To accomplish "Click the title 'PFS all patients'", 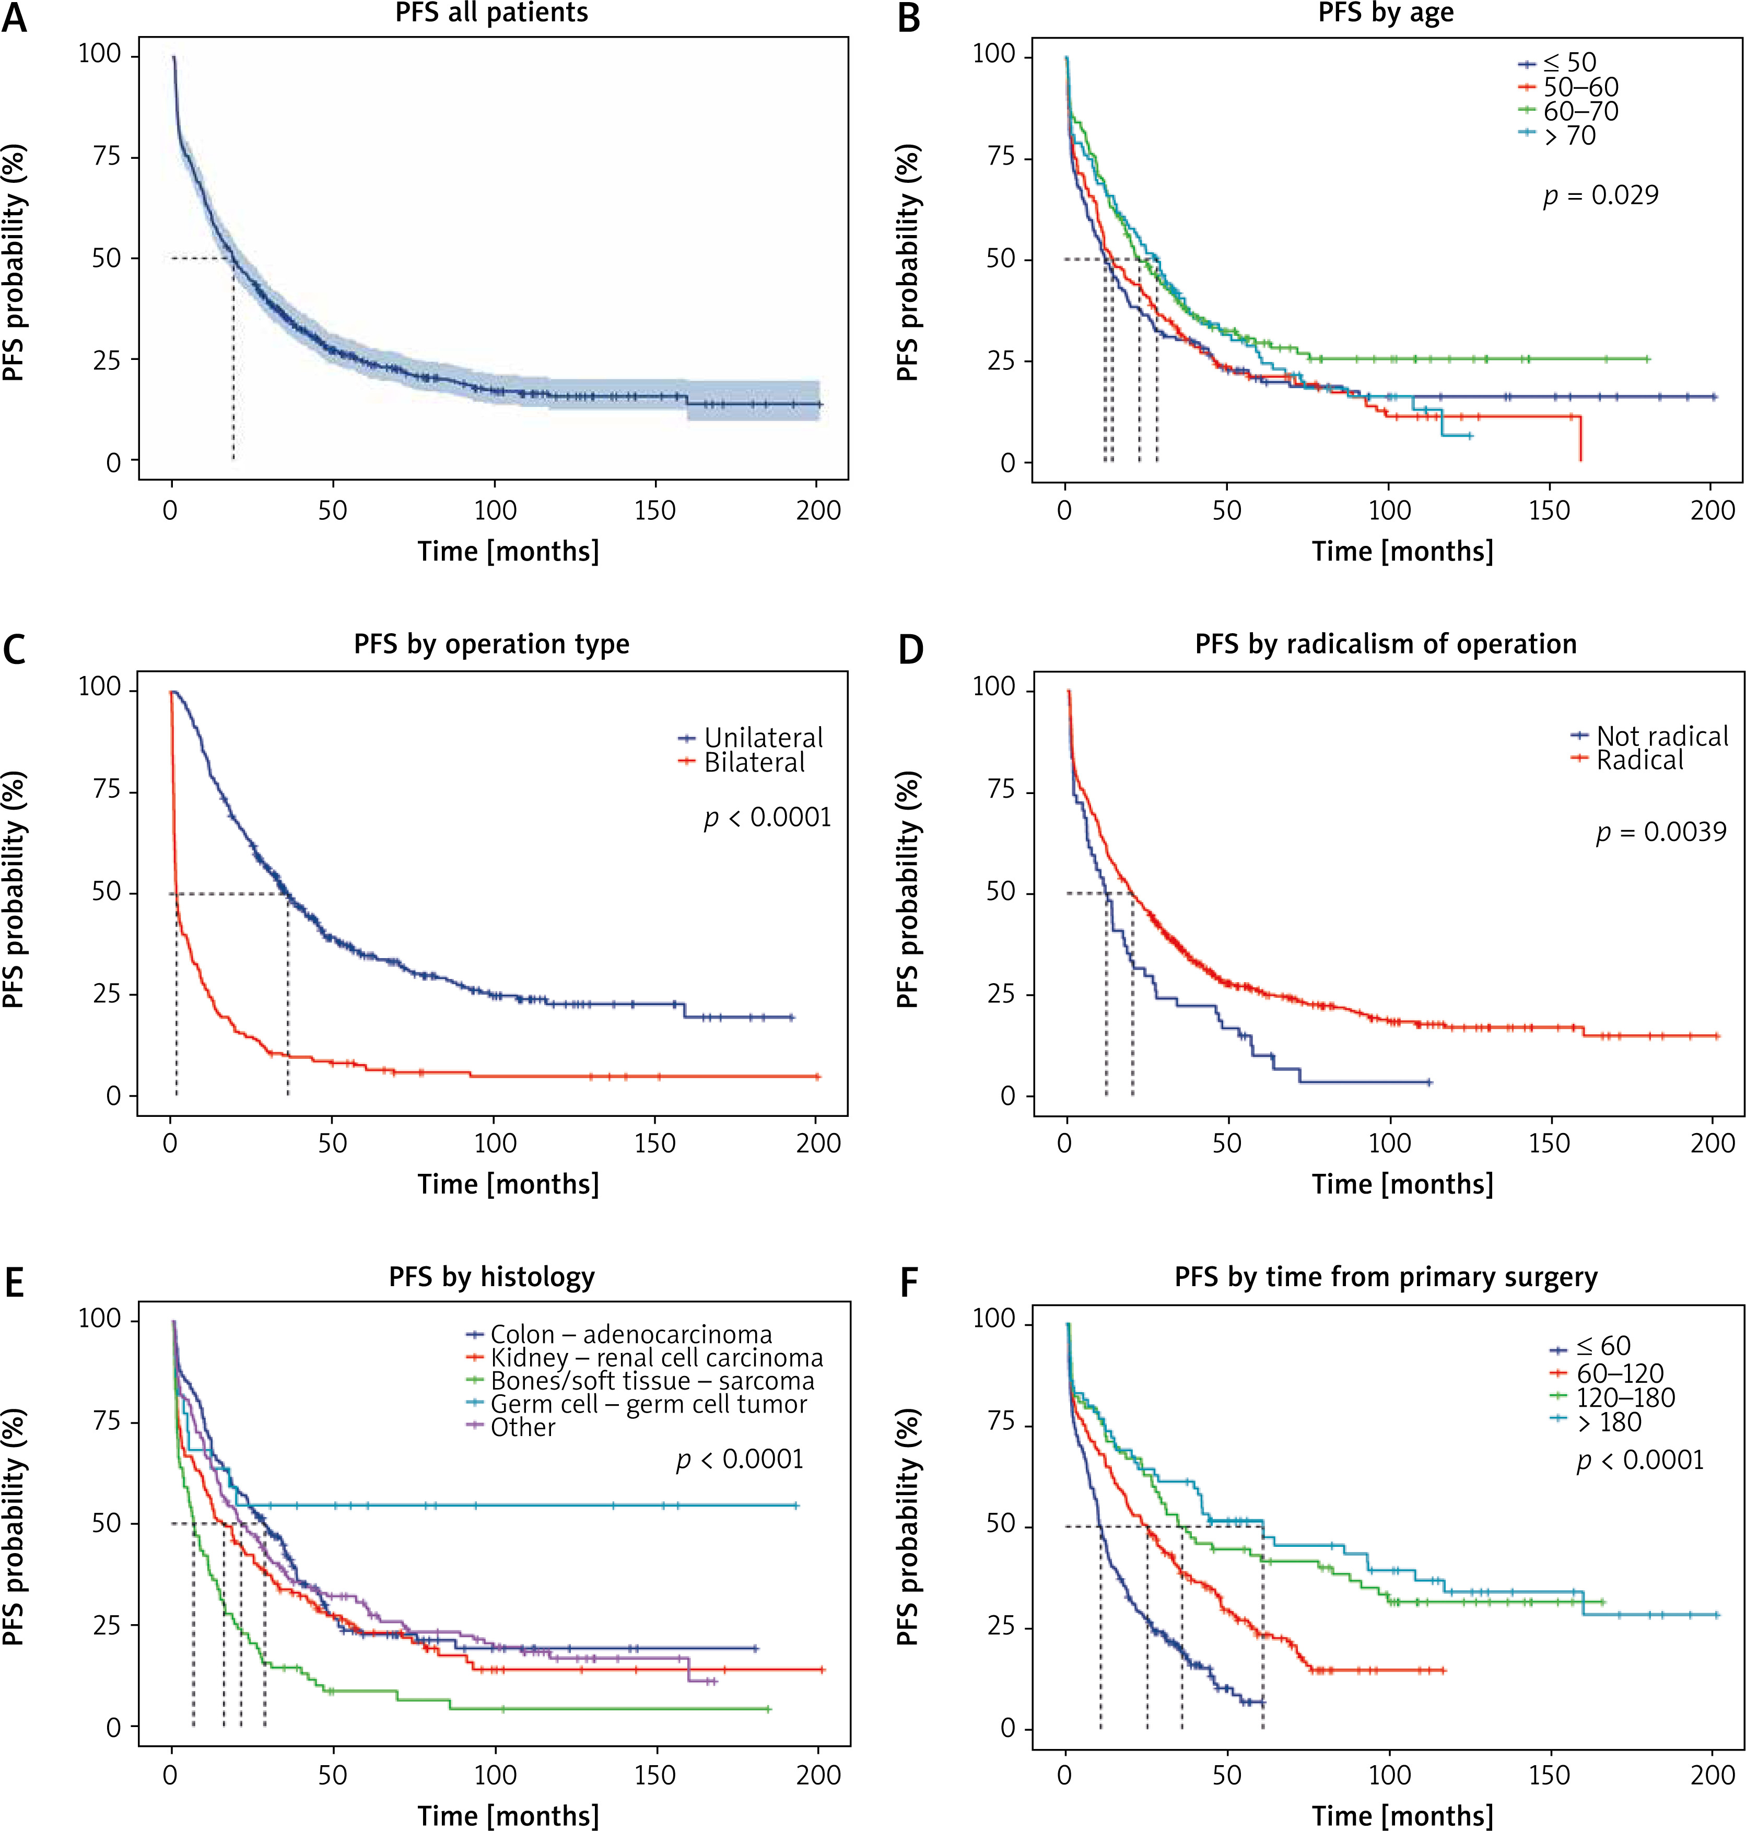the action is click(491, 13).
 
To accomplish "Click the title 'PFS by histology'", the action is click(491, 1277).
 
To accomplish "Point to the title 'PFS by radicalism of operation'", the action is click(1386, 644).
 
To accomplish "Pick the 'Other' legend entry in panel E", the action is click(523, 1428).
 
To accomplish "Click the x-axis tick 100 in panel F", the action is click(1390, 1775).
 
